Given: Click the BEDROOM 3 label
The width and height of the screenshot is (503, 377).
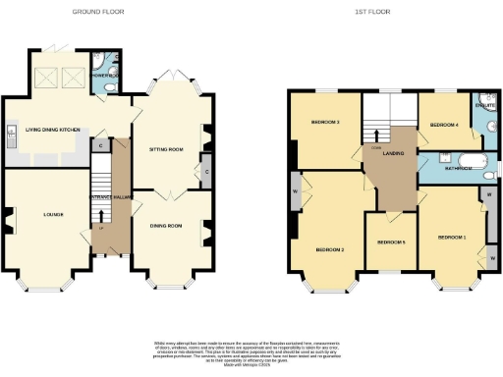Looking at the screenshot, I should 324,123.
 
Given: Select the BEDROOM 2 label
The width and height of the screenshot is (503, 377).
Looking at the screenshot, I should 329,249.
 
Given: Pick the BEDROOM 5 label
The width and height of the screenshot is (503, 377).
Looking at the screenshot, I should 391,242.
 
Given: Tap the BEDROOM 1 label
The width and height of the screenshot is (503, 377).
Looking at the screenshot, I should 452,238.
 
